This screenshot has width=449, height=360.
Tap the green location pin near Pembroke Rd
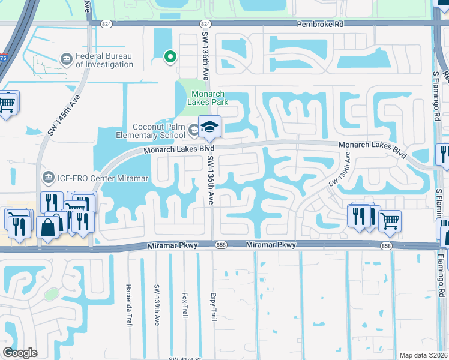(x=170, y=57)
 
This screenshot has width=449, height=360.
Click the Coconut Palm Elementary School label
(x=149, y=131)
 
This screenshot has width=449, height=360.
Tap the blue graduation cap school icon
(x=209, y=127)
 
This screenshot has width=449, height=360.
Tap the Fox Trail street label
(x=185, y=305)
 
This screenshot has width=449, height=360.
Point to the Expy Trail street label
(x=212, y=305)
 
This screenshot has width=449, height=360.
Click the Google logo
(x=20, y=353)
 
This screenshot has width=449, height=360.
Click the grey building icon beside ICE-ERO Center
(x=48, y=177)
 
